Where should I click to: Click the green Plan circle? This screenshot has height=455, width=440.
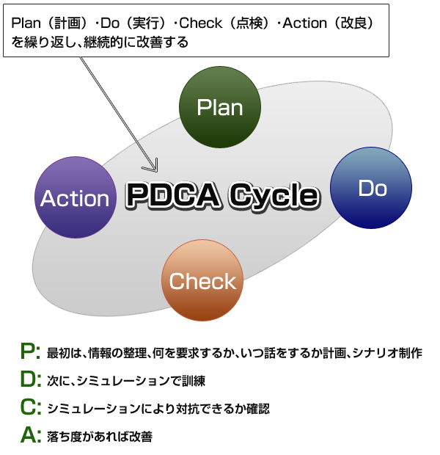[220, 107]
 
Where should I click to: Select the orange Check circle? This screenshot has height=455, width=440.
[202, 280]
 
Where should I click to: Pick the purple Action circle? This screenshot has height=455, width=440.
[75, 198]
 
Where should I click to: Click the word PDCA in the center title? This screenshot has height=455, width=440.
[172, 195]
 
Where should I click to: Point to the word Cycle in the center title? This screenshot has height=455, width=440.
[273, 195]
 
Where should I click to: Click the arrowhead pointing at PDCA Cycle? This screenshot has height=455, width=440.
[154, 165]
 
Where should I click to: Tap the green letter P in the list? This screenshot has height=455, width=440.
[30, 352]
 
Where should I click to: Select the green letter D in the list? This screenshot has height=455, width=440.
[30, 380]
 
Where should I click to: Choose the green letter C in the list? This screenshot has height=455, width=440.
[30, 408]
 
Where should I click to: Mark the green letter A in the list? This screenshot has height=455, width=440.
[30, 436]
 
